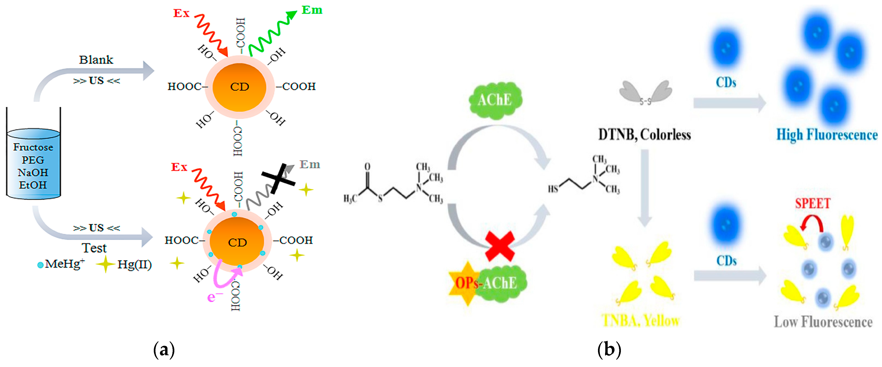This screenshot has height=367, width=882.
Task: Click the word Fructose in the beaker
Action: pos(33,147)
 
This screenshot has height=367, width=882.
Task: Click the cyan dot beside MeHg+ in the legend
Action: pos(40,265)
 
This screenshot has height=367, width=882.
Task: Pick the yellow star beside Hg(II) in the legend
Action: pos(105,264)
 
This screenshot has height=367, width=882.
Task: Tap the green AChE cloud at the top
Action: pos(495,100)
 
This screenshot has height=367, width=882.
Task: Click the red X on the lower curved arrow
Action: pos(500,246)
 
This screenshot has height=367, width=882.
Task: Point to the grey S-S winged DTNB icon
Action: pos(645,93)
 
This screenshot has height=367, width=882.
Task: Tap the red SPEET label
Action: pos(812,203)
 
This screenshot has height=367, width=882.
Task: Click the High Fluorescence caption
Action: pos(827,134)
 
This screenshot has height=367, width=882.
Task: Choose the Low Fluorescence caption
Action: pos(823,322)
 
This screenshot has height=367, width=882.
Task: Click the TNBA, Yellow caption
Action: pos(640,321)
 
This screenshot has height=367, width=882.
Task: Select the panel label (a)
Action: pos(164,350)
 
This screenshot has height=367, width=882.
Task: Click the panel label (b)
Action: pos(609,350)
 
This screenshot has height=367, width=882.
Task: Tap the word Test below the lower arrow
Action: pos(94,248)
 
